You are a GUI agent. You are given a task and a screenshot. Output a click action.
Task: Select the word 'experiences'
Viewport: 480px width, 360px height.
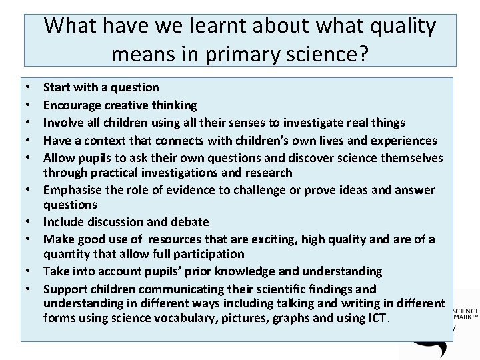[405, 141]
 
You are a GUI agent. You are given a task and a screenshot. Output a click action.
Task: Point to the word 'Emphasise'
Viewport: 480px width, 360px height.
[72, 190]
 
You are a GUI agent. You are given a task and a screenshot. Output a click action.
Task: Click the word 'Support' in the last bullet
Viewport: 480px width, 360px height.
[65, 289]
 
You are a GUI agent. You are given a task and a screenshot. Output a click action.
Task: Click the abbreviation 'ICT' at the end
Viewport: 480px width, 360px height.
[377, 318]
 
